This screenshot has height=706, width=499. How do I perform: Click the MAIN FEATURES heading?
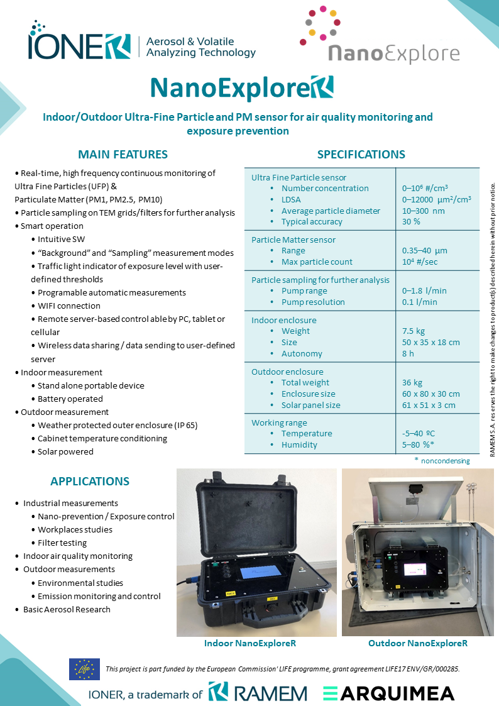coord(123,155)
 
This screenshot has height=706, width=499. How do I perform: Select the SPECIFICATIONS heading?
coord(361,155)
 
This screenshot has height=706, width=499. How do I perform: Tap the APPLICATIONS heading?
coord(90,482)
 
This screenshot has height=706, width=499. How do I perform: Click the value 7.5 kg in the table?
coord(414,331)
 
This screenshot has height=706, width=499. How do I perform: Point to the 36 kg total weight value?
coord(412,383)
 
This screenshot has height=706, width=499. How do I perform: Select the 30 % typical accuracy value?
coord(411,222)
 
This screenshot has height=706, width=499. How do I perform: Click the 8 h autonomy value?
coord(407,354)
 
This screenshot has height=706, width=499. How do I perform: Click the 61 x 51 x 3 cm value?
coord(429,405)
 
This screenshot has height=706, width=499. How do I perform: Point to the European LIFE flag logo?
coord(84,669)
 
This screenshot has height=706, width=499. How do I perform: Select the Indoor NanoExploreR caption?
coord(249,644)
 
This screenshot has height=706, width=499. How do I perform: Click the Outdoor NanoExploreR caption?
coord(417,644)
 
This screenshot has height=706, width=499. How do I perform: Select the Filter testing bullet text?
coord(62,543)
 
